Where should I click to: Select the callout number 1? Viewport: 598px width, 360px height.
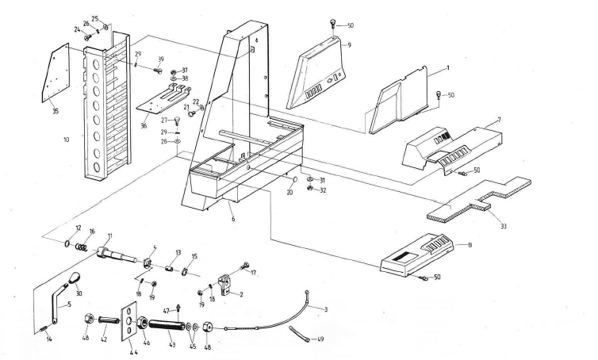point(447,70)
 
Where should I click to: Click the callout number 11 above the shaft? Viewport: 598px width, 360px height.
point(109,236)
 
